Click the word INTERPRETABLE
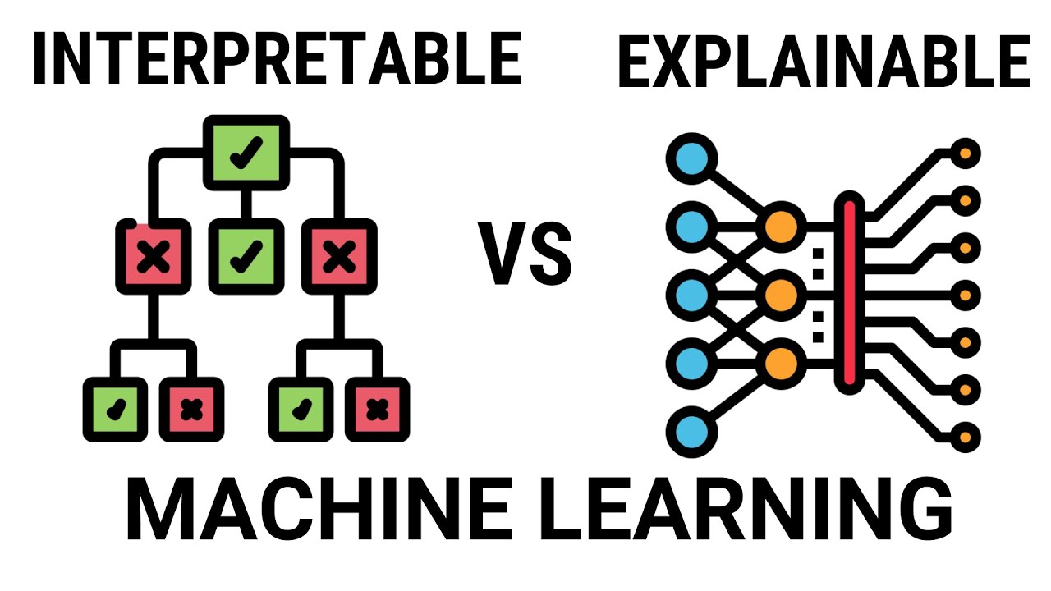(x=277, y=59)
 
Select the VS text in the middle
(x=526, y=256)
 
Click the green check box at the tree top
(x=246, y=153)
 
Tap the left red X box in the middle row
(x=149, y=258)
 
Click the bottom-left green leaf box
(x=115, y=409)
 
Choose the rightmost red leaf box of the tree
(x=378, y=409)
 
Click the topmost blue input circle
(x=691, y=157)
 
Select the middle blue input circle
(x=691, y=293)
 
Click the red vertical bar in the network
(x=849, y=293)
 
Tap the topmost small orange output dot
(x=966, y=153)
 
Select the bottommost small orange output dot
(x=966, y=435)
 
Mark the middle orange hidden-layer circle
(x=780, y=293)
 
